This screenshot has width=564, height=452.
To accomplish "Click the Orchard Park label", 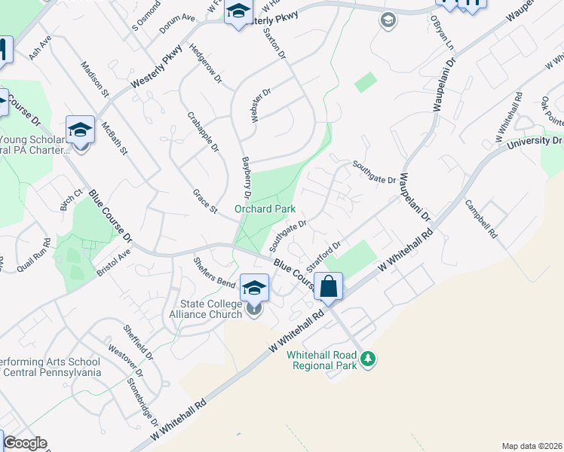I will click(x=265, y=209).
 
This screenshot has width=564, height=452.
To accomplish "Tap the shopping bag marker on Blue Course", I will click(x=329, y=287).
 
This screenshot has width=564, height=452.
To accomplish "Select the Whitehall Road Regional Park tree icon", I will click(x=368, y=359).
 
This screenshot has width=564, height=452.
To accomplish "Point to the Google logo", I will click(x=25, y=443).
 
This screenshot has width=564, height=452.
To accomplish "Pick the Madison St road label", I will click(x=95, y=78).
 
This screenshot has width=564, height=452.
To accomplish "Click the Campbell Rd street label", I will click(x=480, y=218).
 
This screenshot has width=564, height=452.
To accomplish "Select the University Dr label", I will click(x=535, y=141).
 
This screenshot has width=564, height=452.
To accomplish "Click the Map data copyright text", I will click(x=532, y=446).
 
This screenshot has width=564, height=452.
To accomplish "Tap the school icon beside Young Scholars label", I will click(x=80, y=130).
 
